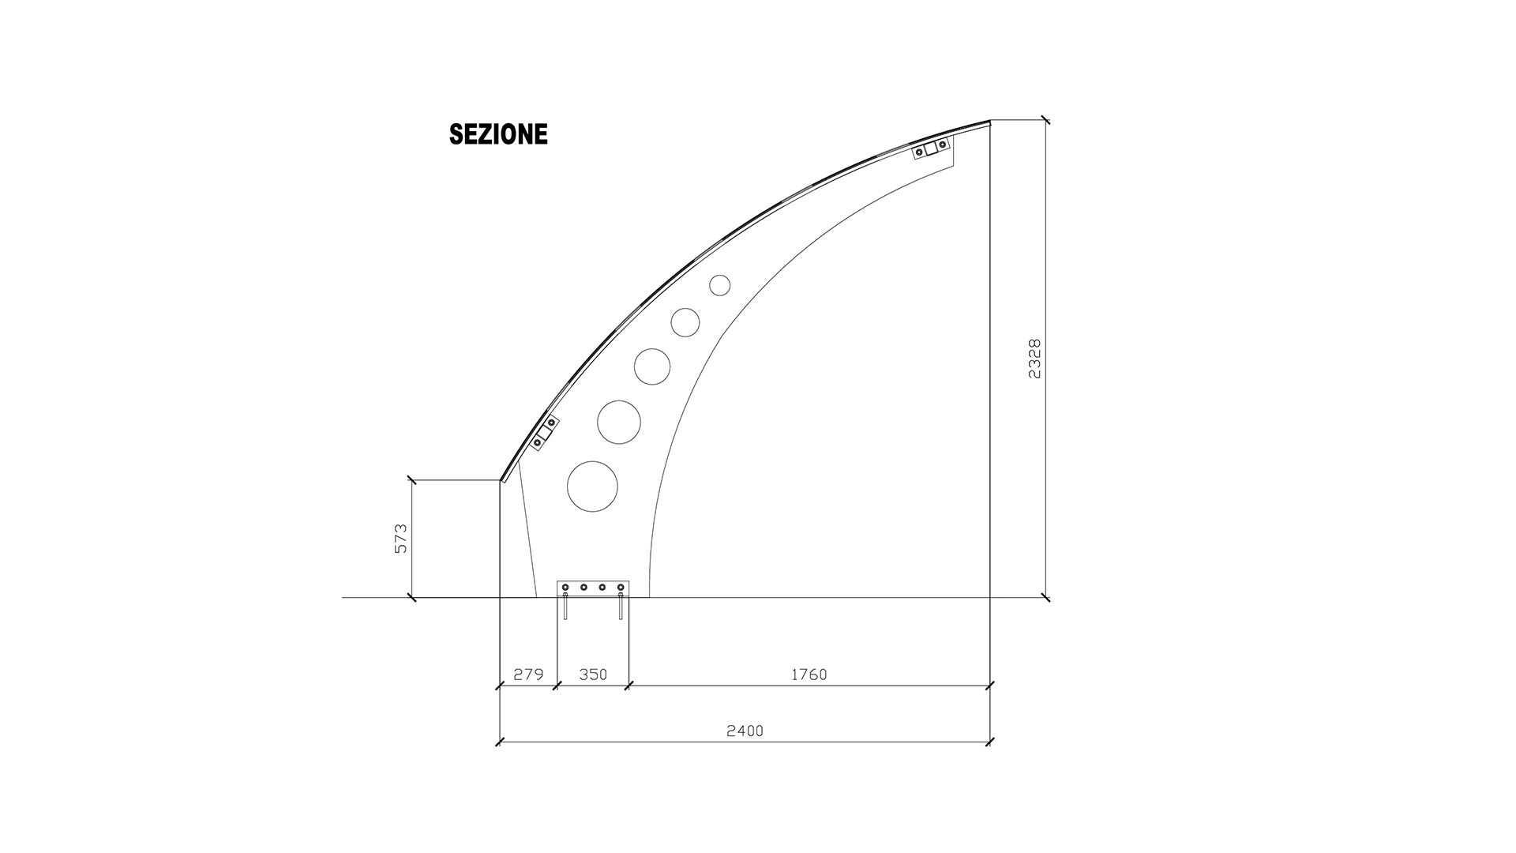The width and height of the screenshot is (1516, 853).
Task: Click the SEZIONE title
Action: click(498, 134)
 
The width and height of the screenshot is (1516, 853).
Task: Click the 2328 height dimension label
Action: click(1034, 359)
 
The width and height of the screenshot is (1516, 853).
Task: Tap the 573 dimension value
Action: click(400, 538)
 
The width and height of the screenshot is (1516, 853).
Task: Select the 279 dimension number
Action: click(528, 675)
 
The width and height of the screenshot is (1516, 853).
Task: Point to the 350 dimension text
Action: click(593, 675)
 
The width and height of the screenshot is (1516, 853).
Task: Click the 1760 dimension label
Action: click(809, 675)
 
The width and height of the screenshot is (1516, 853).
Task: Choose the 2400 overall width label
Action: click(745, 731)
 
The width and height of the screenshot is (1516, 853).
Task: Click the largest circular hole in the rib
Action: click(592, 487)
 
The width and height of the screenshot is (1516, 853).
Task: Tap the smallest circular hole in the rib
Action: click(719, 285)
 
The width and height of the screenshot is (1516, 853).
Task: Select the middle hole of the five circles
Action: click(652, 366)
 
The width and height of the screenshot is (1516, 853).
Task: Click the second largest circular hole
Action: click(618, 422)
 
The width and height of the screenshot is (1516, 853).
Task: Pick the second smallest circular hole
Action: click(685, 322)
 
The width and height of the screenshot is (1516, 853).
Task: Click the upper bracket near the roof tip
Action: click(931, 148)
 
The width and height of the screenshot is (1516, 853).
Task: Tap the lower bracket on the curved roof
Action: click(544, 434)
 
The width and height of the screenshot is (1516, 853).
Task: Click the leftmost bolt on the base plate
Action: click(565, 587)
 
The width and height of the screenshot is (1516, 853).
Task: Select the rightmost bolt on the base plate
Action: click(621, 587)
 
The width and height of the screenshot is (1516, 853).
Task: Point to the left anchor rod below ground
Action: click(565, 607)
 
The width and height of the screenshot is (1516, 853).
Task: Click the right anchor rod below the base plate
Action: click(621, 607)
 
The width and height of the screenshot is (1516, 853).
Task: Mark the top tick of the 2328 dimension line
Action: click(1045, 120)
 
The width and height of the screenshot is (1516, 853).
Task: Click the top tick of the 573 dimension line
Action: click(411, 479)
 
